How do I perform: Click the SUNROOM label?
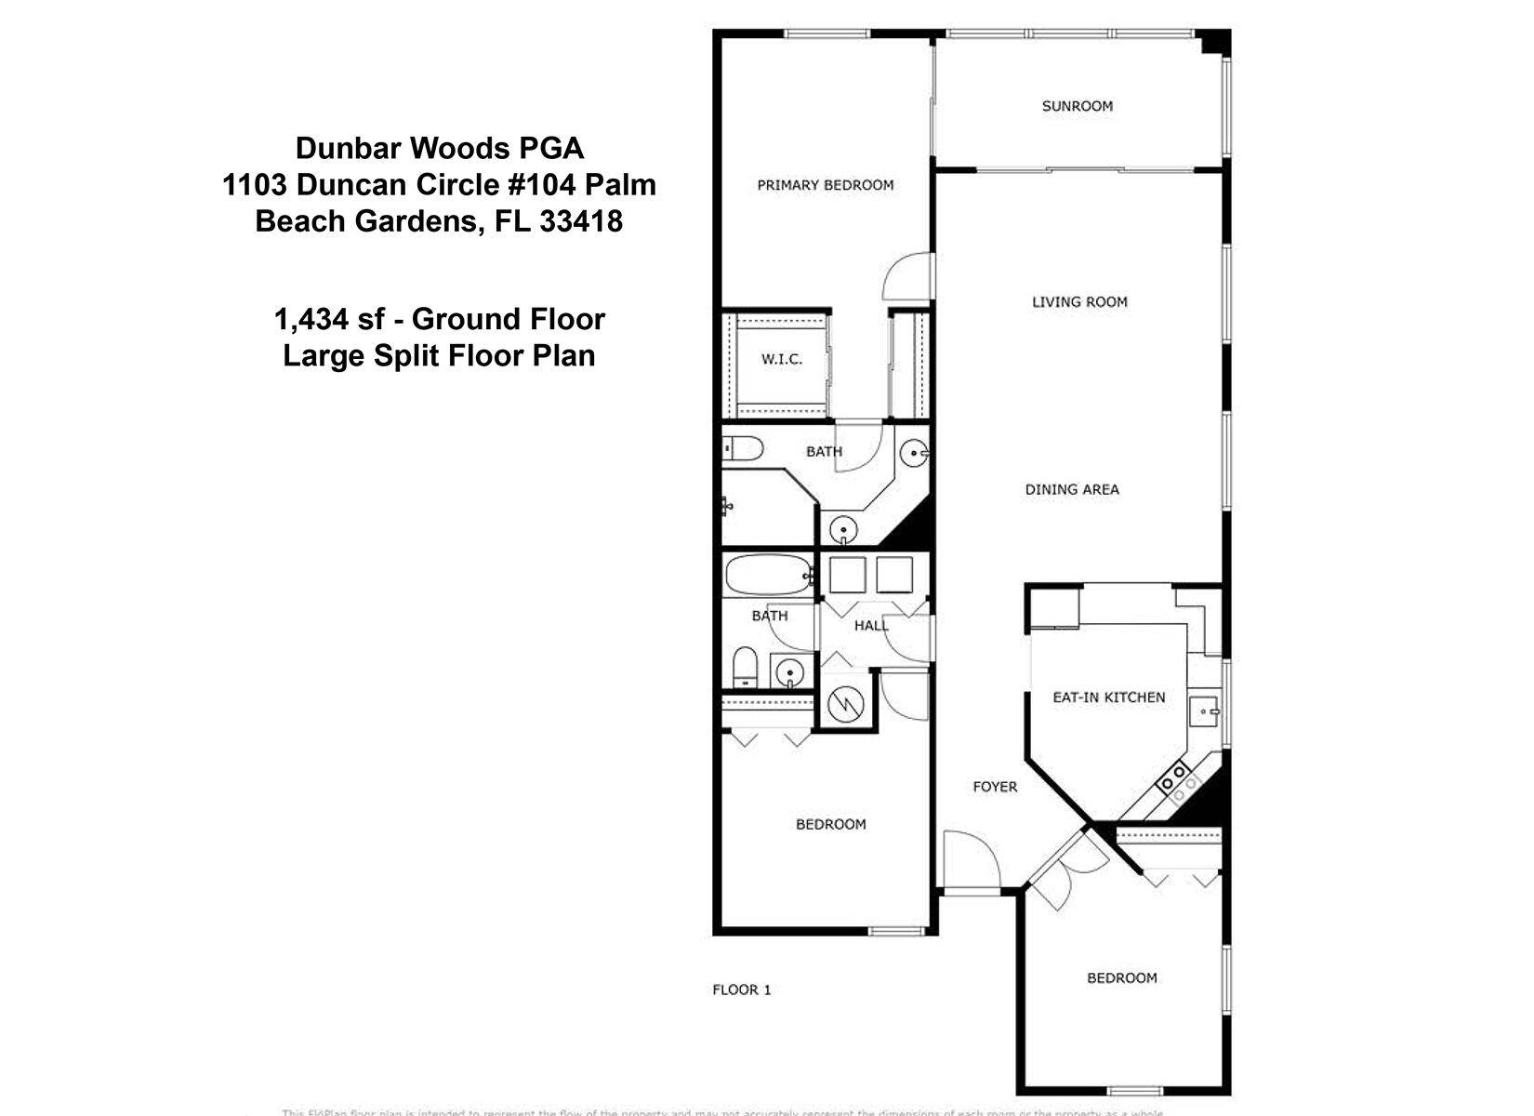click(1077, 106)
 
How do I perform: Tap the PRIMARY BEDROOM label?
click(825, 185)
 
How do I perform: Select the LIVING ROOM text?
click(1078, 301)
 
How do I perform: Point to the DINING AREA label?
click(1071, 489)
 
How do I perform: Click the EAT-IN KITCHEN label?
click(1108, 697)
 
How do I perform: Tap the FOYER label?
click(994, 787)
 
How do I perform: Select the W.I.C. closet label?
click(781, 359)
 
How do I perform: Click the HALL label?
click(870, 626)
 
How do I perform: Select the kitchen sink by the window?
click(1206, 712)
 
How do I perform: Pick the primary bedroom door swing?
click(906, 277)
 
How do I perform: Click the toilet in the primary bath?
click(743, 449)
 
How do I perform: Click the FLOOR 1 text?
click(741, 990)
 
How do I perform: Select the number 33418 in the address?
click(580, 221)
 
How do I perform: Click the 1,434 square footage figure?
click(311, 319)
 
